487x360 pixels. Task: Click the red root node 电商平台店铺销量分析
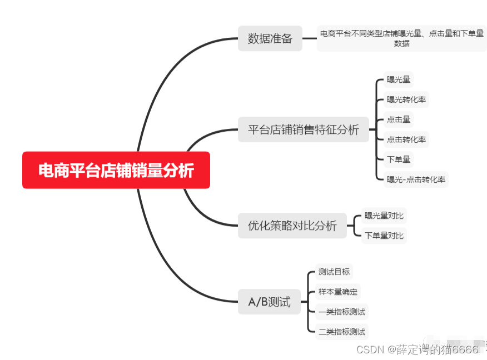point(116,170)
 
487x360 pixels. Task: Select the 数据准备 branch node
point(270,39)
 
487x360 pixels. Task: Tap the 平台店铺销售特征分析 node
point(303,130)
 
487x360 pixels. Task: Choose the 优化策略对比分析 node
point(292,226)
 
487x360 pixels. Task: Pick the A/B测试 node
point(269,302)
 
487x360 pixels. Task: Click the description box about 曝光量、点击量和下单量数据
point(401,38)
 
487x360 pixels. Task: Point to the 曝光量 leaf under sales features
point(399,79)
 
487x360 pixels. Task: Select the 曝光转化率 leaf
point(407,99)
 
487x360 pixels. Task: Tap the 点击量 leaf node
point(399,119)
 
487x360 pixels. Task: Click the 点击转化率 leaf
point(407,139)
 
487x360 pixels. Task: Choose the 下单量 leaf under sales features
point(399,159)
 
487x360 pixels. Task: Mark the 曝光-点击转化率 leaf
point(416,179)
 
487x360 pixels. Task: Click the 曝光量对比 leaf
point(384,215)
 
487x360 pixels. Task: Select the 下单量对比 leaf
point(384,235)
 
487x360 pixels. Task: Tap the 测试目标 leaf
point(334,272)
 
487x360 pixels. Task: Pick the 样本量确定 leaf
point(338,292)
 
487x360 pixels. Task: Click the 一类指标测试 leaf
point(342,312)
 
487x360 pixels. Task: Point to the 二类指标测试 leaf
point(342,332)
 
